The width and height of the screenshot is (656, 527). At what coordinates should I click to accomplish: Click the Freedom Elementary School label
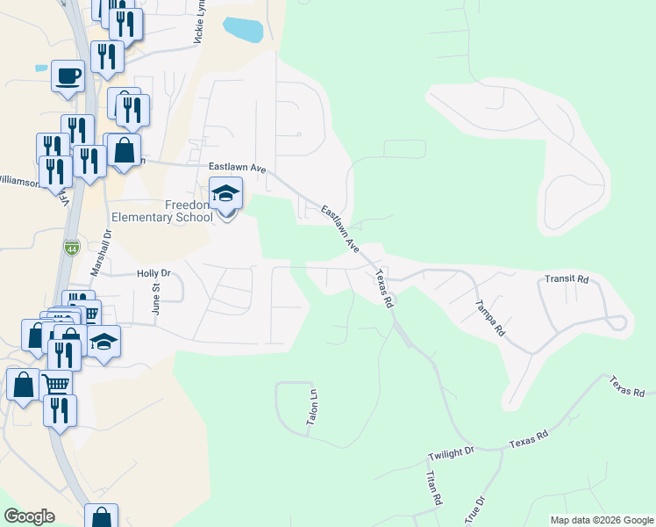162,211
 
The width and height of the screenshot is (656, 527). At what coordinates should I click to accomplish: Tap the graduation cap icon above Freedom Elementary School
225,194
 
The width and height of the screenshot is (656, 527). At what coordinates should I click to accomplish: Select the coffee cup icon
68,76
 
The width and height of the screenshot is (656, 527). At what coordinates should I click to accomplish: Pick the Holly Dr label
153,274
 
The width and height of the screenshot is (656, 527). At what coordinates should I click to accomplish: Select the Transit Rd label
566,279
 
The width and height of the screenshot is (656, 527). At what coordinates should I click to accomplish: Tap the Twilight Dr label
451,452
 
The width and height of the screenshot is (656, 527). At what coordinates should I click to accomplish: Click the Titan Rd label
431,488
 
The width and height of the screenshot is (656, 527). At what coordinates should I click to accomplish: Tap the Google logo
30,516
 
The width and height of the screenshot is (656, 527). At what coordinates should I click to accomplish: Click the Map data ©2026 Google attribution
601,520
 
